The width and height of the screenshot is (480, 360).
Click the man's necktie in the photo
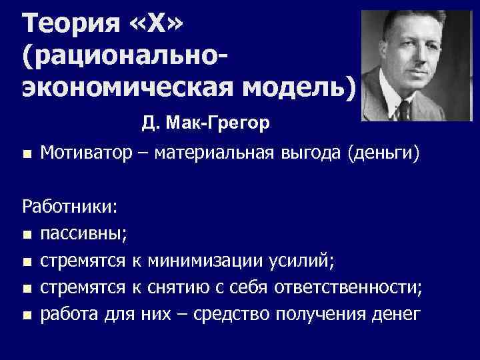click(x=408, y=109)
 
